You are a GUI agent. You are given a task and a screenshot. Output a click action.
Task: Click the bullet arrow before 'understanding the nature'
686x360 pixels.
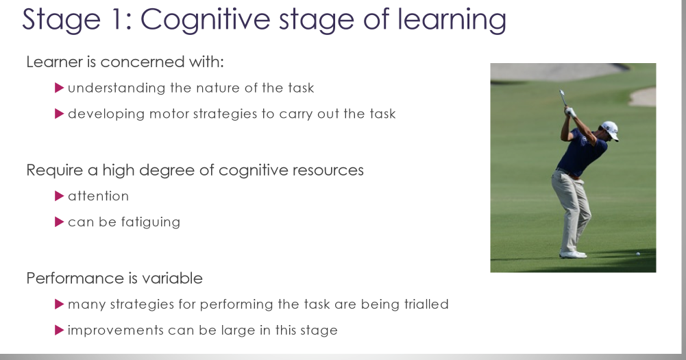tap(59, 88)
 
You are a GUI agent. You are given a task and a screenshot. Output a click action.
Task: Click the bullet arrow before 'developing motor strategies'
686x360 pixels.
tap(59, 114)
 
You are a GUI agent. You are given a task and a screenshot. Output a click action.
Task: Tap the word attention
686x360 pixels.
tap(98, 196)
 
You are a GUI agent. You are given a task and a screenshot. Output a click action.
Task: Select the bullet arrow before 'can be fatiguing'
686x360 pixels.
tap(59, 222)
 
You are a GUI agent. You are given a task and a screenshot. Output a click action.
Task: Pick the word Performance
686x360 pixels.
tap(70, 278)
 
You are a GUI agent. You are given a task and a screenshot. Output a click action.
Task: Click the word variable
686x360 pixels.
tap(176, 278)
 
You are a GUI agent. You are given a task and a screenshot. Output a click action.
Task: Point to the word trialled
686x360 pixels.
tap(423, 304)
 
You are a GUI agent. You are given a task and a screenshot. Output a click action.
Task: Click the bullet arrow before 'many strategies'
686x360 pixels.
tap(59, 304)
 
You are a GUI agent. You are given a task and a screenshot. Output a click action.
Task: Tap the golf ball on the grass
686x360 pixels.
tap(638, 254)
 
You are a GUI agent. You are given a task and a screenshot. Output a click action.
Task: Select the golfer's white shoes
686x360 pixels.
tap(573, 254)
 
